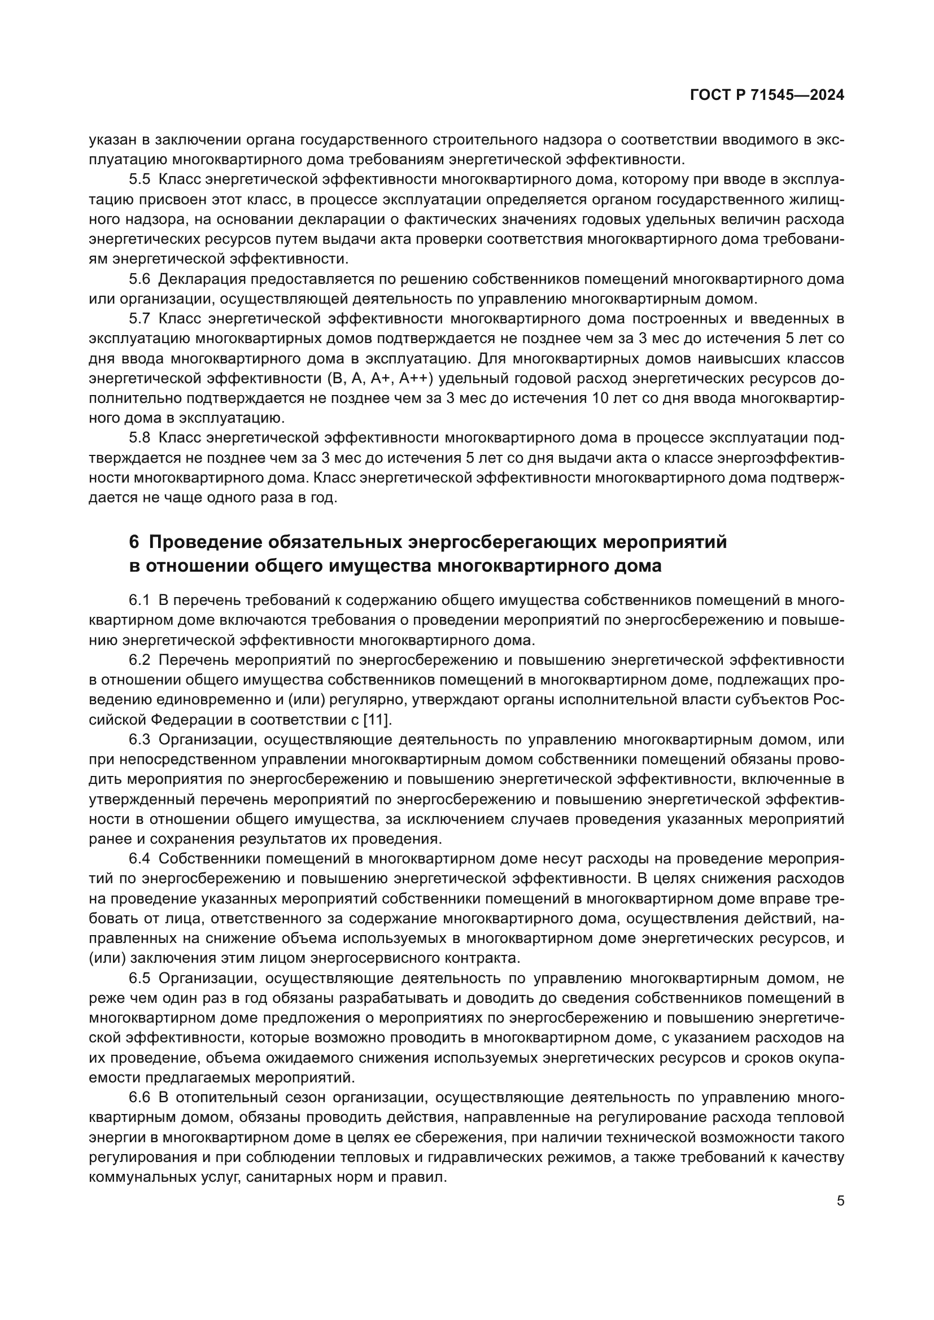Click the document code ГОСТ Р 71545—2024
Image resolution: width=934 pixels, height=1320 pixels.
pyautogui.click(x=767, y=96)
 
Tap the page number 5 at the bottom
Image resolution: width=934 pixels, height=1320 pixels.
pyautogui.click(x=841, y=1201)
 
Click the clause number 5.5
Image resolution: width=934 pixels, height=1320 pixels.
pyautogui.click(x=139, y=179)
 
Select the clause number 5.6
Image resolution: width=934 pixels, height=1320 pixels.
pyautogui.click(x=139, y=279)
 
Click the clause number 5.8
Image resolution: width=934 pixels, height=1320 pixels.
pyautogui.click(x=139, y=438)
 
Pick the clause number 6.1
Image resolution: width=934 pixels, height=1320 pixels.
pyautogui.click(x=139, y=600)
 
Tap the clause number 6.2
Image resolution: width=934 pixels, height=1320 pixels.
pyautogui.click(x=139, y=660)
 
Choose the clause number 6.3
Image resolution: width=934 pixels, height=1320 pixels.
pyautogui.click(x=139, y=739)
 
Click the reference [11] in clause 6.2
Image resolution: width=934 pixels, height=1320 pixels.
pyautogui.click(x=377, y=720)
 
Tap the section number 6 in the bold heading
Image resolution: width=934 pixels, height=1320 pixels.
pyautogui.click(x=134, y=542)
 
